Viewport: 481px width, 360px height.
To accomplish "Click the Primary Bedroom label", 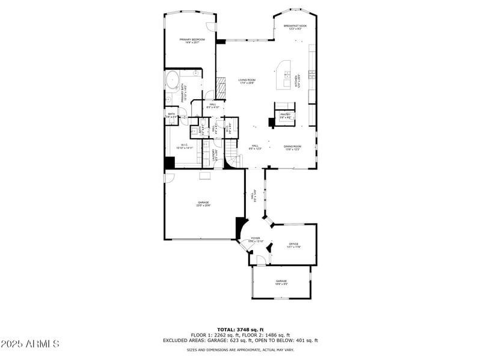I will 192,40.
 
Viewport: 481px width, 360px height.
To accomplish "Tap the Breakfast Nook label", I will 295,26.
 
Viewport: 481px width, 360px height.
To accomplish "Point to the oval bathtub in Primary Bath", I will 172,79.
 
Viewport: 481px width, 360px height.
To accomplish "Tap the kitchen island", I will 284,73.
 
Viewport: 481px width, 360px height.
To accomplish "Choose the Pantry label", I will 285,114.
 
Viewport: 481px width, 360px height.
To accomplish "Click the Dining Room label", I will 293,146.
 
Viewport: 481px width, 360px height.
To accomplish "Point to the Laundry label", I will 213,156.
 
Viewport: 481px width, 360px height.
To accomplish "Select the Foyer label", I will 256,239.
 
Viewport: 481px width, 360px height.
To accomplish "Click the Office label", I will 293,244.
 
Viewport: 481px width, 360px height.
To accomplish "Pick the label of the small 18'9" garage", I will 281,281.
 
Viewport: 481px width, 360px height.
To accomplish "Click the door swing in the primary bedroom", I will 210,27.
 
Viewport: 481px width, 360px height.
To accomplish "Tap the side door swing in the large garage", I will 170,178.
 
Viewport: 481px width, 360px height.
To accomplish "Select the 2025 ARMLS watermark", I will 30,344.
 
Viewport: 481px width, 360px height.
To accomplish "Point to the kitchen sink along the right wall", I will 311,75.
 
